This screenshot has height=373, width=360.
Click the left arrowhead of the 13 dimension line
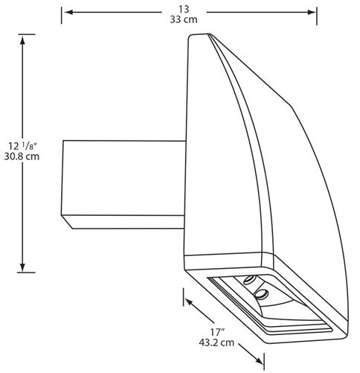pos(65,13)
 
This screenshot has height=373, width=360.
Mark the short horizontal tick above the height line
pos(26,34)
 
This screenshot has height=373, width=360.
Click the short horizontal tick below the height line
pos(26,272)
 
